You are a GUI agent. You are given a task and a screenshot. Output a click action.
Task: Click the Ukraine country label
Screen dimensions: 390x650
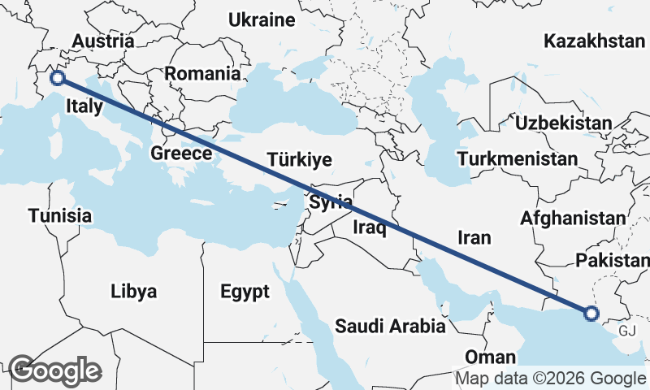pos(261,20)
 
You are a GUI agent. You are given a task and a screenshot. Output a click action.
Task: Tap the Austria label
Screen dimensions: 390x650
pos(102,41)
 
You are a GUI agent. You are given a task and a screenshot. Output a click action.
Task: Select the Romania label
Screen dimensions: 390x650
pos(202,73)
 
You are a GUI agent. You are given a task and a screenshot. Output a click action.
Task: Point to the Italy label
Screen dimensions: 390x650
pos(84,106)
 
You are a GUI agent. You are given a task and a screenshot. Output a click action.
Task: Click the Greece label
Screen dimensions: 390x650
pos(182,153)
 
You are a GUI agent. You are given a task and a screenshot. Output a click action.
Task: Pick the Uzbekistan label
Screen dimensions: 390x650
pos(564,123)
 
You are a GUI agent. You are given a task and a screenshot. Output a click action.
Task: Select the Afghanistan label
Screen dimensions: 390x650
pos(574,218)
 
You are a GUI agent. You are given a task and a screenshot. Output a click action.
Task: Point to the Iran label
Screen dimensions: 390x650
pos(475,237)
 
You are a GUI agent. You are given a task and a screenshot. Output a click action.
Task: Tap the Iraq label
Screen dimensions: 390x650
pos(368,228)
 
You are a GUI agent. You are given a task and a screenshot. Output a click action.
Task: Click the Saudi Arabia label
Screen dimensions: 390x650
pos(391,327)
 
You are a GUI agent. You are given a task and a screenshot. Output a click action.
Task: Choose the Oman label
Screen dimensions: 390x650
pos(490,357)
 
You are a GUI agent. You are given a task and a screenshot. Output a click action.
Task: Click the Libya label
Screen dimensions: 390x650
pos(134,291)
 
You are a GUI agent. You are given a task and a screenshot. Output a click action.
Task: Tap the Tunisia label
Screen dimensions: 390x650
pos(59,215)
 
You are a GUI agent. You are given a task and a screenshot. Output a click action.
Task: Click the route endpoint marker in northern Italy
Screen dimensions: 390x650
pos(57,78)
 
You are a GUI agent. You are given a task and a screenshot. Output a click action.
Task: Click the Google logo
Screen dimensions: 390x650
pos(54,370)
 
